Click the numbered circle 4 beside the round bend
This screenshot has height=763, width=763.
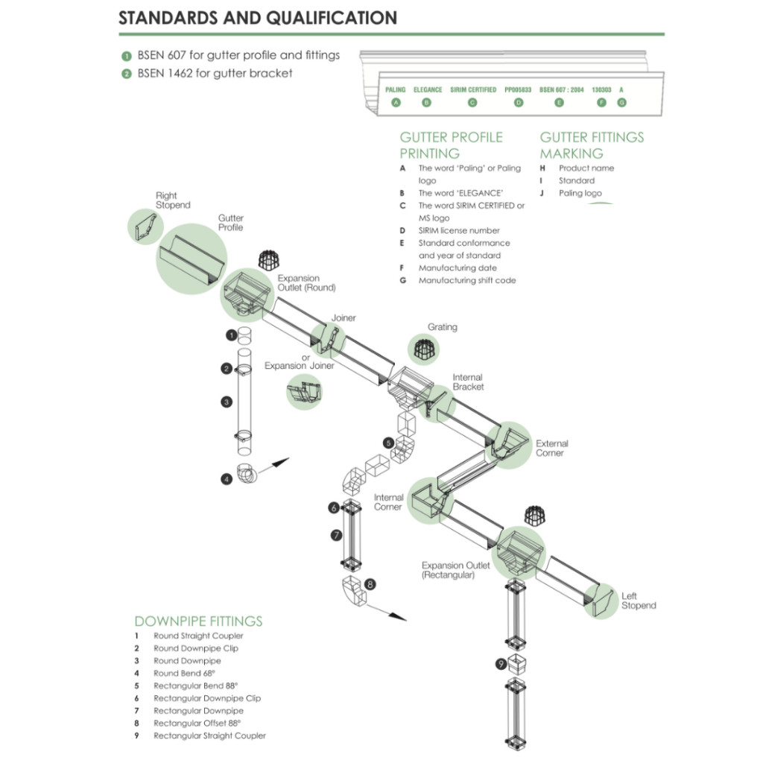(227, 479)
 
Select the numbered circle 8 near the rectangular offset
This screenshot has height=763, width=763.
(370, 584)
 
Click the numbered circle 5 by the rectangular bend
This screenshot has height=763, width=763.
(388, 443)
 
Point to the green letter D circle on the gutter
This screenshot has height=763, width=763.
(519, 103)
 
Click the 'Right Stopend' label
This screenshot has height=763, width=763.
(173, 200)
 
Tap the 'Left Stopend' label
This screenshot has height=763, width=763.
(639, 601)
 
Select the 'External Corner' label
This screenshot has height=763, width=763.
(551, 448)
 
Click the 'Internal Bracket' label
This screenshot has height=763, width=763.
(468, 382)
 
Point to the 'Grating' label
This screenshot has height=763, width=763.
(443, 327)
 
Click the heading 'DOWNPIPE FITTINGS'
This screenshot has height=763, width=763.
(198, 621)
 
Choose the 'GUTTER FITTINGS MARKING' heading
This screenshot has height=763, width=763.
(592, 145)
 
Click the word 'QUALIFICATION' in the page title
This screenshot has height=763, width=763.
(323, 18)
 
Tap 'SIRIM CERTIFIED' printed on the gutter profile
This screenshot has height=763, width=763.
(473, 89)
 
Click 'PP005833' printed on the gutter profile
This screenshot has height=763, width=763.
(518, 89)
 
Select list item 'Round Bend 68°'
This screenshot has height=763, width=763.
(185, 673)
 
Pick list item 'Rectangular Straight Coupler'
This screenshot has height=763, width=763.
(209, 735)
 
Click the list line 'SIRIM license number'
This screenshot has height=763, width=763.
(459, 230)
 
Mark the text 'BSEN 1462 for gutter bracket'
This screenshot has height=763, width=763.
(215, 73)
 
